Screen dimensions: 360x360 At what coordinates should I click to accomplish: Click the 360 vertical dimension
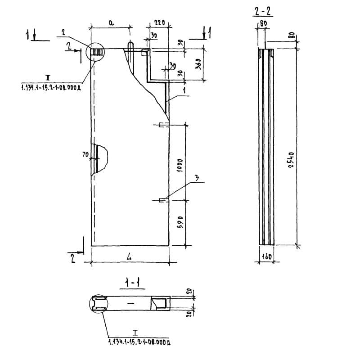[x=197, y=64]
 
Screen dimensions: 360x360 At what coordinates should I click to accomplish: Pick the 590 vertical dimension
[x=180, y=223]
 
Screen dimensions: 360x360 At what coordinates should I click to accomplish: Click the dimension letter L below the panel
[x=129, y=257]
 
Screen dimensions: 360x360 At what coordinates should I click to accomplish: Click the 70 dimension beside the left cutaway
[x=84, y=155]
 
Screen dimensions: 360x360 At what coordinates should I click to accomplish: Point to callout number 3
[x=197, y=178]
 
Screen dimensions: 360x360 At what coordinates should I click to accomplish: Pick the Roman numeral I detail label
[x=135, y=333]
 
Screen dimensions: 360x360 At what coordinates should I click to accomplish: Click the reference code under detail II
[x=50, y=88]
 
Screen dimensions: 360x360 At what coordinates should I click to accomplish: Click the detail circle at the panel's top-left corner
[x=95, y=53]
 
